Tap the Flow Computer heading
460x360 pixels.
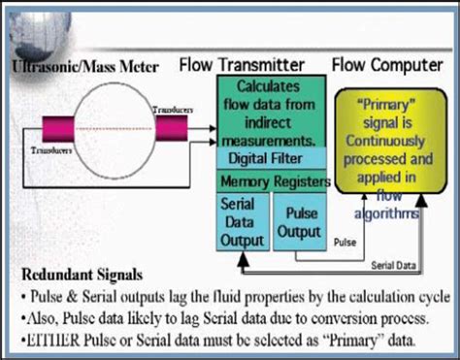point(389,66)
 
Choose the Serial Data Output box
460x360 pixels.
point(241,222)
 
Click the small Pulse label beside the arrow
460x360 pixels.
point(345,238)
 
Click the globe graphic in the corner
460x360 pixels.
point(29,24)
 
